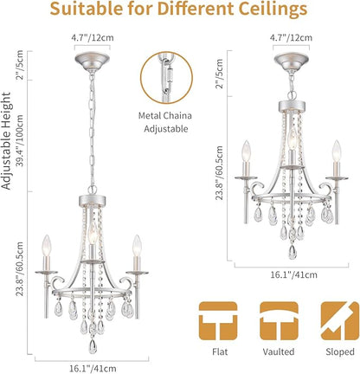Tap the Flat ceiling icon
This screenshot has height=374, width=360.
tap(218, 321)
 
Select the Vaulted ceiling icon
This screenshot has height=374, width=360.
tap(279, 321)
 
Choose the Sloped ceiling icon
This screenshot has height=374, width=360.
tap(340, 321)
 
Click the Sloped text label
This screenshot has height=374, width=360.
tap(340, 351)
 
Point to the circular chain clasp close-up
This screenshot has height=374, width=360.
tap(166, 78)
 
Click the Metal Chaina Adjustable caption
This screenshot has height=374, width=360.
tap(165, 122)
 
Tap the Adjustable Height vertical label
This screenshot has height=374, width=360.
tap(6, 141)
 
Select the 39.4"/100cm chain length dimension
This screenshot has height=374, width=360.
tap(20, 141)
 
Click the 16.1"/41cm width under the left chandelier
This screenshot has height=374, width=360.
tap(93, 369)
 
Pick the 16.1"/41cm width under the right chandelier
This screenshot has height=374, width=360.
tap(293, 274)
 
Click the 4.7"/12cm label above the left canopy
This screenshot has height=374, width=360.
tap(93, 38)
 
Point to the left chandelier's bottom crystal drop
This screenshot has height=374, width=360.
tap(93, 346)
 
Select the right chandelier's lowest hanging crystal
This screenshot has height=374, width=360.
tap(292, 252)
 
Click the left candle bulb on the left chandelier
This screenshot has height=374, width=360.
tap(47, 245)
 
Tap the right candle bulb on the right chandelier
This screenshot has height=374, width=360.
tap(337, 151)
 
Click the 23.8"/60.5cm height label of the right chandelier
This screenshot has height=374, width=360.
tap(219, 173)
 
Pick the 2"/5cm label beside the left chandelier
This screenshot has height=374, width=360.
tap(20, 65)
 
